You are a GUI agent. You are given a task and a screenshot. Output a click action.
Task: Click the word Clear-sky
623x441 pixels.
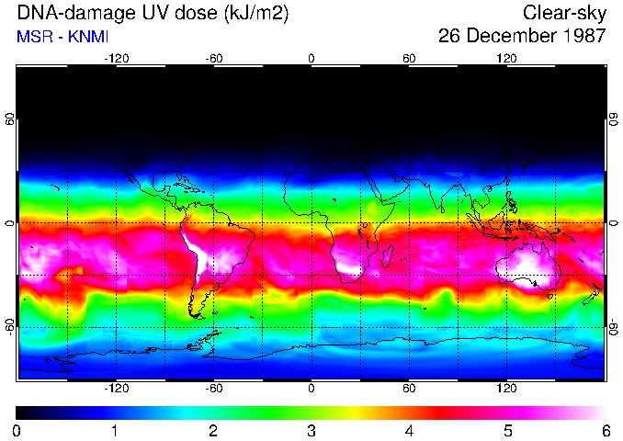click(x=564, y=14)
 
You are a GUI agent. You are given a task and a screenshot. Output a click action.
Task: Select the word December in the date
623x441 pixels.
click(x=511, y=37)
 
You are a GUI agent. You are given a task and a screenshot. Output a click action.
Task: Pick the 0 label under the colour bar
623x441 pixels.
click(x=17, y=430)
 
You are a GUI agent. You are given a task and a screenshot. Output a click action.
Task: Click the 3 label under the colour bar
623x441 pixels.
click(x=311, y=430)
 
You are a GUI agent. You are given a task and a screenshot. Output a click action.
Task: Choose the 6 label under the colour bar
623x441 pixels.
click(x=605, y=430)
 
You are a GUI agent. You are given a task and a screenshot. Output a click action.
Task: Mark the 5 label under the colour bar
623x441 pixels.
click(x=506, y=430)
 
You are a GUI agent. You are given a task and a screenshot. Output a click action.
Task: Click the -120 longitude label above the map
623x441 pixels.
click(x=116, y=58)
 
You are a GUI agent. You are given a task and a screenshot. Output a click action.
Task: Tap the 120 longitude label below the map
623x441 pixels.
click(x=506, y=388)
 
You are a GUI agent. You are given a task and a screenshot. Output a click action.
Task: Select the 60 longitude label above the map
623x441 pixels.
click(x=409, y=58)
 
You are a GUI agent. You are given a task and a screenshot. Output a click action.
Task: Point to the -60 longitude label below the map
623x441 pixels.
click(x=213, y=388)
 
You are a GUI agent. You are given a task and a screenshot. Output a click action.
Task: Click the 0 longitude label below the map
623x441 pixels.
click(x=311, y=388)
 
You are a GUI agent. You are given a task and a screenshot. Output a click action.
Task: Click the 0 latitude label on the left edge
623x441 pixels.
click(x=10, y=223)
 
